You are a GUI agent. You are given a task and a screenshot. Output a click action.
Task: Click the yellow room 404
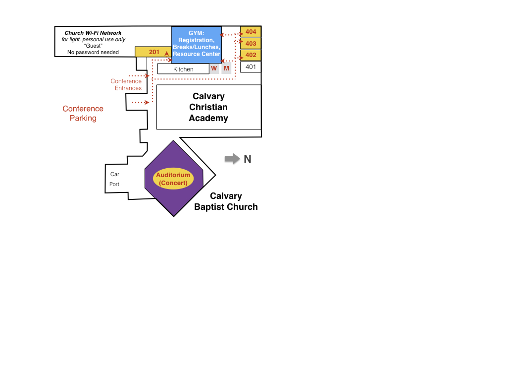(251, 32)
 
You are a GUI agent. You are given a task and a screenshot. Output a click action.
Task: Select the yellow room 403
(251, 44)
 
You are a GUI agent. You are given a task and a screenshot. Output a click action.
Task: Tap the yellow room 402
(251, 55)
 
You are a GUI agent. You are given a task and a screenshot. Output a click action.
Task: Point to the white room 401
(251, 67)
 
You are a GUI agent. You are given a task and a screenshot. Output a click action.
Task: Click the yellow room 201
(153, 52)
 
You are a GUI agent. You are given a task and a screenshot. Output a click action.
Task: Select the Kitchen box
(183, 69)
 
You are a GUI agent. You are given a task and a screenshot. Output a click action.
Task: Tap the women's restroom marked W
(214, 68)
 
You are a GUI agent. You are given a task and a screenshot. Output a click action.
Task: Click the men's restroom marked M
(226, 68)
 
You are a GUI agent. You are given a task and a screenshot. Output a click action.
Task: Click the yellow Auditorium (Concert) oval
(173, 179)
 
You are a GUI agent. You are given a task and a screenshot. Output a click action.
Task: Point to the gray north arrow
(232, 159)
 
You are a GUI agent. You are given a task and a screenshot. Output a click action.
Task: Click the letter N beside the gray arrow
(248, 159)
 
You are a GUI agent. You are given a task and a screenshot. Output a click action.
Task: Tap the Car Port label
(114, 179)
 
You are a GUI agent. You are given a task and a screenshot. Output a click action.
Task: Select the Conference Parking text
(83, 114)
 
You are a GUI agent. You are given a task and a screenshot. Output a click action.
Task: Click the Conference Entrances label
(126, 84)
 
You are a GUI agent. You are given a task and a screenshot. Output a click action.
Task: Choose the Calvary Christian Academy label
(208, 107)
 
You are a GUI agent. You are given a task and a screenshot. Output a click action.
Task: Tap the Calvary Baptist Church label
(226, 201)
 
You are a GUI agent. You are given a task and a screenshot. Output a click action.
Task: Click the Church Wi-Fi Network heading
(93, 33)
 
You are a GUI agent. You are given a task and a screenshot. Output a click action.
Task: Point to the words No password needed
(93, 52)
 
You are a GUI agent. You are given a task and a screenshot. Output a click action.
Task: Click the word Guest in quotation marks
(93, 46)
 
